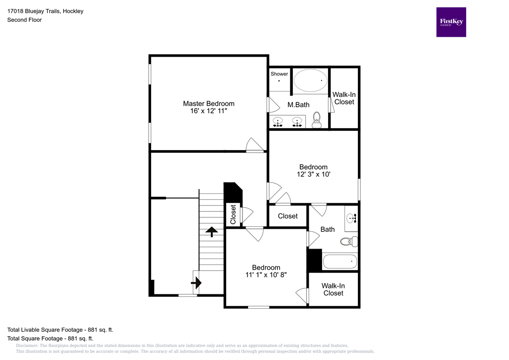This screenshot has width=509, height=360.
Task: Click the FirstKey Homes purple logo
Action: point(451,22)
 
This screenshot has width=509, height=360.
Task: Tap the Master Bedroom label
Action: point(208,103)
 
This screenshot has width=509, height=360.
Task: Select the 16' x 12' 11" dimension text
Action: point(208,111)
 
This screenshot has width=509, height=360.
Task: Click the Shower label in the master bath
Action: point(279,74)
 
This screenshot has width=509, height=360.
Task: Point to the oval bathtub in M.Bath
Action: point(310,80)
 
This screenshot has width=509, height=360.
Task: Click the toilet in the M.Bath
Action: point(316,120)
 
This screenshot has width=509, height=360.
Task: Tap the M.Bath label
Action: point(298,104)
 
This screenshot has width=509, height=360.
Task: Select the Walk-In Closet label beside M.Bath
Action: point(344,98)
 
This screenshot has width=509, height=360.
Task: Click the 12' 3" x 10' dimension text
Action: point(313,175)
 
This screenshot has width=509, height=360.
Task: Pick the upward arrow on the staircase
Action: point(211,231)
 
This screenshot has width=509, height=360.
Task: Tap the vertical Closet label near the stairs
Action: point(233,215)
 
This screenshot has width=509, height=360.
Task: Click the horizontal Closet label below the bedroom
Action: point(287,216)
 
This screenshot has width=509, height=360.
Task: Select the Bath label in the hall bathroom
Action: point(328,229)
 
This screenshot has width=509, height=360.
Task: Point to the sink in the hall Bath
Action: point(351,217)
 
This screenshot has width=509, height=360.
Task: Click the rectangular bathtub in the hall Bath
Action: point(340,261)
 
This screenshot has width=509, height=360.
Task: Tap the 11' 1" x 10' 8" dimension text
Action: point(266,274)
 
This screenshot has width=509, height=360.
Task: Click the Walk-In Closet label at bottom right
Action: point(333,289)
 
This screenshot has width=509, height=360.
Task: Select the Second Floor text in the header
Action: point(24,20)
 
